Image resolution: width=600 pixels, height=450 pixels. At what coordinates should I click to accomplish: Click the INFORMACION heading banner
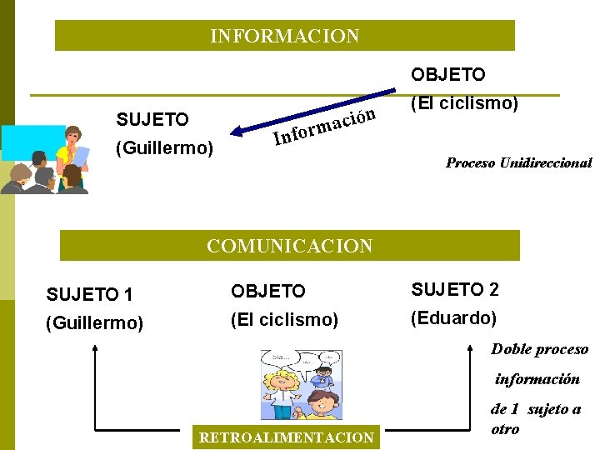coord(285,36)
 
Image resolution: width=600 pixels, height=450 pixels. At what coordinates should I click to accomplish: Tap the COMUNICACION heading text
coord(289,246)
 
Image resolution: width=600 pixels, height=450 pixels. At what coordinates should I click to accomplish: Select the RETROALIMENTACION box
coord(284,437)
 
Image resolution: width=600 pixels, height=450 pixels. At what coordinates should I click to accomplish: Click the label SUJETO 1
coord(89,294)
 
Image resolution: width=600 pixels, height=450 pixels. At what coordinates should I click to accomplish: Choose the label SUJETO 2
coord(454,290)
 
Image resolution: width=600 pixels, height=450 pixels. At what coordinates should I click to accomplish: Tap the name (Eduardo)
coord(454,318)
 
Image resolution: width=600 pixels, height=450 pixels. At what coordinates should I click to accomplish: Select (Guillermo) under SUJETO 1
coord(95,322)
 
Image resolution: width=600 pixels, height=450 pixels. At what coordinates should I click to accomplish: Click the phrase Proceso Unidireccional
coord(518,163)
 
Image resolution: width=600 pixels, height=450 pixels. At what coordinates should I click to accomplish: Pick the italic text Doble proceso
coord(539,349)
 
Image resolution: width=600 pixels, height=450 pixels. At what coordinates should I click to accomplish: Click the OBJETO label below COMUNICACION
coord(268,292)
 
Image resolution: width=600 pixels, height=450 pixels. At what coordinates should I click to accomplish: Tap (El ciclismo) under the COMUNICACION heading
coord(284,320)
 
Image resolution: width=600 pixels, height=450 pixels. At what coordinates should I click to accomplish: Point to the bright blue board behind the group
coord(31,142)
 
